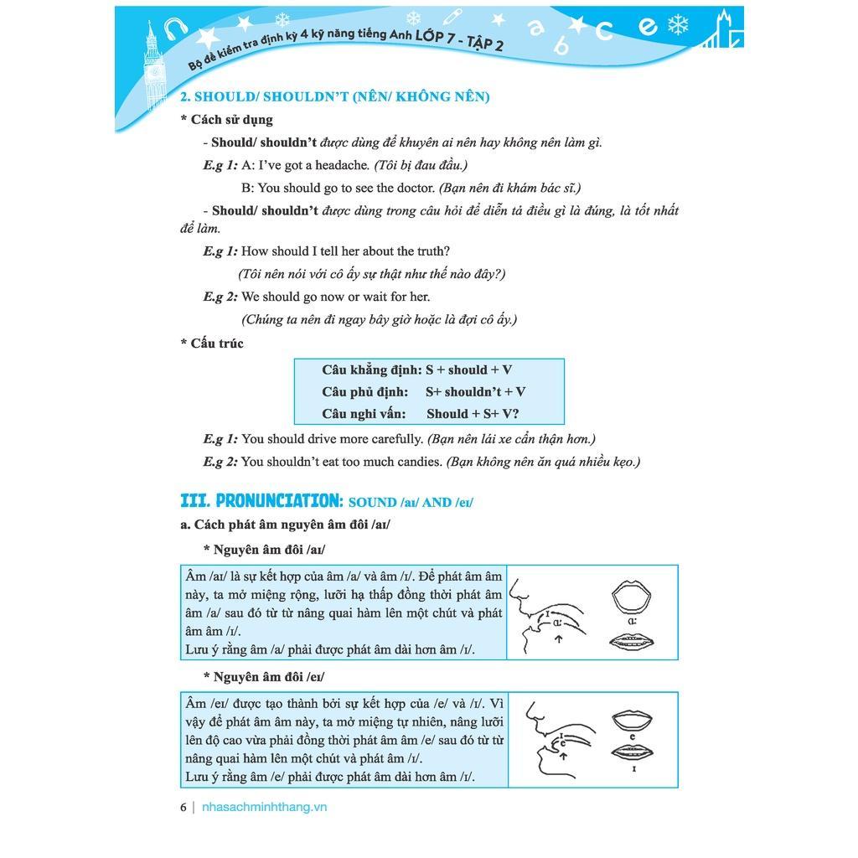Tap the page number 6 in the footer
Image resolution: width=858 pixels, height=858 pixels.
pos(183,808)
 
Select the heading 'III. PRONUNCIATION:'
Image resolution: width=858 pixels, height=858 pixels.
pos(261,501)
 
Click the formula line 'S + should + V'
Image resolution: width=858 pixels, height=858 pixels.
pos(468,370)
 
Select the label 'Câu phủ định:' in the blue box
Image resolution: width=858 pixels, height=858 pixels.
pos(364,391)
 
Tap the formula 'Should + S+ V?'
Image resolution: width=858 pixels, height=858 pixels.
pos(473,413)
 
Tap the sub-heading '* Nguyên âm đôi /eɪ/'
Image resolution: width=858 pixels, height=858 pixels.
pos(264,676)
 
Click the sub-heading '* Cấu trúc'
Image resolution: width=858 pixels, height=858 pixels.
pos(212,344)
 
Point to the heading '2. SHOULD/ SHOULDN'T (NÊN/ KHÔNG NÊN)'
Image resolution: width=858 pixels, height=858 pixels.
pos(335,96)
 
